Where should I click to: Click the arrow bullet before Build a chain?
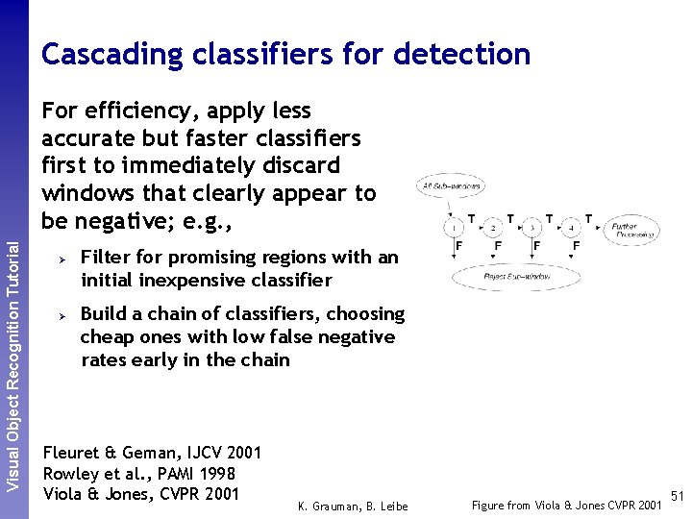tap(60, 315)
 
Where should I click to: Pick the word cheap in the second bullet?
tap(106, 337)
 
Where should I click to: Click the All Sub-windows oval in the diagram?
tap(449, 185)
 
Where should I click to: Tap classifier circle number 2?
tap(491, 228)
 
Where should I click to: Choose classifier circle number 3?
tap(531, 228)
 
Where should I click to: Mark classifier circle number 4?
tap(571, 228)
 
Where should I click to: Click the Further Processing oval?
tap(630, 230)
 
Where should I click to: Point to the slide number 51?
tap(677, 496)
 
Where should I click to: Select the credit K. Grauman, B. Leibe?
tap(353, 507)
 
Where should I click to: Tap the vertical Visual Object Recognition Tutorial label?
tap(13, 365)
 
